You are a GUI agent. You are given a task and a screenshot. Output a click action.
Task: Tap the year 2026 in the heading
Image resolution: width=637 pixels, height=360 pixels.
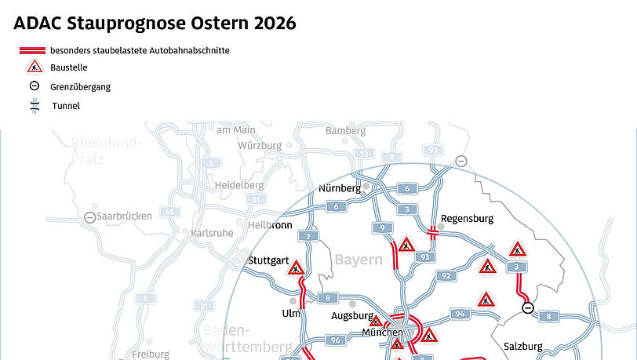(274, 24)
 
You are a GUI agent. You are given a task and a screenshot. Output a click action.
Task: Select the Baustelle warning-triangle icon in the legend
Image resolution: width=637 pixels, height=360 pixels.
(35, 67)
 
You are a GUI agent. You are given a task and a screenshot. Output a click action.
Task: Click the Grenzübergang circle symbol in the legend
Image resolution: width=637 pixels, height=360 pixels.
(35, 87)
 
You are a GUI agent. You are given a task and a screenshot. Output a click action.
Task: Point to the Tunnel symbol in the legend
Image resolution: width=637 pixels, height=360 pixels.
(35, 106)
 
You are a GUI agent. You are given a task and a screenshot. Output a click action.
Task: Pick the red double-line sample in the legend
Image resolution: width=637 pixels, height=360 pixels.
(35, 50)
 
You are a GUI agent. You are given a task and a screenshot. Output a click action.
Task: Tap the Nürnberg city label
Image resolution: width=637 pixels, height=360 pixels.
(340, 188)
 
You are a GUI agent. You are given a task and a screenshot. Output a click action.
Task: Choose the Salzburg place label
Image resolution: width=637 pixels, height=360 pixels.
(522, 346)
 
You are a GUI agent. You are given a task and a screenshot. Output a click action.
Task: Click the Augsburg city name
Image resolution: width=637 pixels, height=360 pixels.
(351, 316)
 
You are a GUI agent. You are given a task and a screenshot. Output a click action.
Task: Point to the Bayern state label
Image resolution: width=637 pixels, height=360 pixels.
(359, 260)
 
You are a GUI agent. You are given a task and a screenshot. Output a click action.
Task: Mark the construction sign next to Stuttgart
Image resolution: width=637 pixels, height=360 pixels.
(297, 269)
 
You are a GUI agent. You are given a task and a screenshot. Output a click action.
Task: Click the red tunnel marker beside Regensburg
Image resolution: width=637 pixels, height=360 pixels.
(432, 231)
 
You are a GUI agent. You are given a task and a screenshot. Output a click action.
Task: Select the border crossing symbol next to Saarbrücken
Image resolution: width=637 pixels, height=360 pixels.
(91, 216)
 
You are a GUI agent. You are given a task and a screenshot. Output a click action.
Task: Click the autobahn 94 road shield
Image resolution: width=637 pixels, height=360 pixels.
(458, 314)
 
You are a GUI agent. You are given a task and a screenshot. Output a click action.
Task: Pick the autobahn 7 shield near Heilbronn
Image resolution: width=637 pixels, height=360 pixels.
(310, 236)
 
